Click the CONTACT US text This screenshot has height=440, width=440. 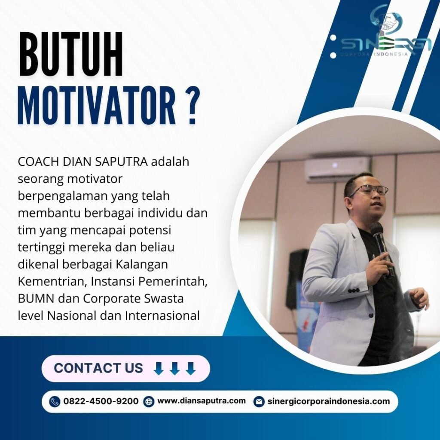(x=98, y=368)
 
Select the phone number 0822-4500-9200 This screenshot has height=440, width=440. (x=101, y=401)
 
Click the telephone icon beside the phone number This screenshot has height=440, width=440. (x=55, y=402)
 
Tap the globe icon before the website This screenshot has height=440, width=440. (x=148, y=402)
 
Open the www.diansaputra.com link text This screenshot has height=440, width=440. (x=202, y=401)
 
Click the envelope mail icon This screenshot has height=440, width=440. (x=259, y=402)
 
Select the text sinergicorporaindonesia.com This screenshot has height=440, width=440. (x=329, y=401)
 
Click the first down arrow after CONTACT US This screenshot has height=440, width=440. (x=159, y=368)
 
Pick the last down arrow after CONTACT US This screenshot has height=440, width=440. (x=191, y=368)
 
